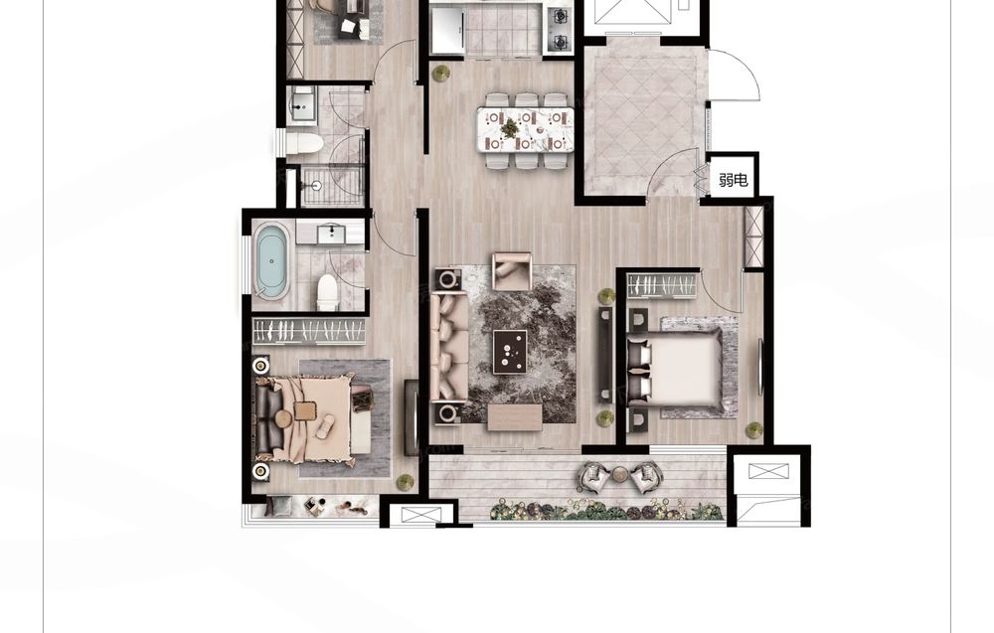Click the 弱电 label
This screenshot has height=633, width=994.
coord(733,180)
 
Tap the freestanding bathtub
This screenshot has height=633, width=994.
coord(272,260)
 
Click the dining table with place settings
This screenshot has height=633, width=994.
coord(526,129)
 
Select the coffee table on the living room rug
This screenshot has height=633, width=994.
coord(510,352)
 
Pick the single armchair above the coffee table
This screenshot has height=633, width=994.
coord(512,271)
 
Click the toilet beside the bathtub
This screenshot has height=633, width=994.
coord(327,292)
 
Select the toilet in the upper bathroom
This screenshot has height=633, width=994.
coord(303,143)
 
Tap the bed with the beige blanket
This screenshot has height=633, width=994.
coord(304,418)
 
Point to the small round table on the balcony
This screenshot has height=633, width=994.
coord(619,473)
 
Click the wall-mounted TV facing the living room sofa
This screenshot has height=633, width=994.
coord(605,356)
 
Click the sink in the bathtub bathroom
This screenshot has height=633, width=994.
coord(330,234)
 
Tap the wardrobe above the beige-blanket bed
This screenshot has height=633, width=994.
coord(309,331)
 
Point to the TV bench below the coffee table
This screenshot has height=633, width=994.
coord(515,417)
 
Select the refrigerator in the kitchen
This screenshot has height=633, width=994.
coord(448,29)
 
